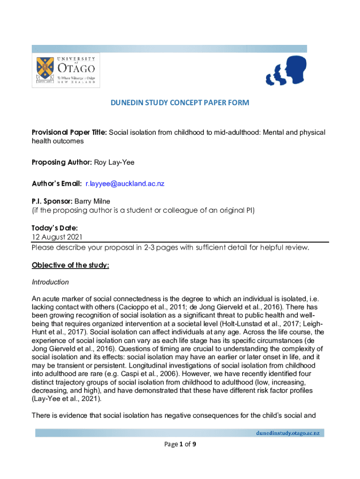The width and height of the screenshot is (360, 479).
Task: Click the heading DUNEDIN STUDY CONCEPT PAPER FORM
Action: pos(180,103)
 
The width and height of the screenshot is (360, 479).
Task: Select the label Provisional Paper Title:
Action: pos(70,132)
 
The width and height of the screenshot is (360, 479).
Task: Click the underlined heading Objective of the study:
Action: pos(70,265)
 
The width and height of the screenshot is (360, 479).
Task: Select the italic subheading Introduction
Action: pos(50,282)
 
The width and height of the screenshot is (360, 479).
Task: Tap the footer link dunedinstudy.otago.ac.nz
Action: pos(287,433)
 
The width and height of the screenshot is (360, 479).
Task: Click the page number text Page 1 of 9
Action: pos(180,445)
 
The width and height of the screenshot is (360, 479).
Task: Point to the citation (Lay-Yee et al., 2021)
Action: pos(66,399)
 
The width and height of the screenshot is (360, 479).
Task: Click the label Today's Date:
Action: pos(51,228)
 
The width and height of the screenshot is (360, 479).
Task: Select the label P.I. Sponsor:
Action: pos(51,201)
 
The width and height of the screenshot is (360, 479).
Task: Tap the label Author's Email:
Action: pos(56,183)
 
